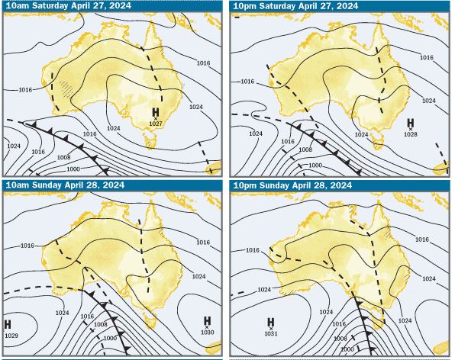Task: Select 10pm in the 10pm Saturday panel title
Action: (247, 5)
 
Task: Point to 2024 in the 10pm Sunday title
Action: (337, 185)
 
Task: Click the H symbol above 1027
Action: (156, 114)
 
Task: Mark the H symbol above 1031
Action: (270, 323)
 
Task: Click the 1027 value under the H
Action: (156, 124)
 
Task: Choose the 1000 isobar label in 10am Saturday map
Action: (73, 168)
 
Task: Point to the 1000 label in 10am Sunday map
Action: (109, 337)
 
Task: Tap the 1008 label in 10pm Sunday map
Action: (341, 337)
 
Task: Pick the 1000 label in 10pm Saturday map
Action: (315, 165)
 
